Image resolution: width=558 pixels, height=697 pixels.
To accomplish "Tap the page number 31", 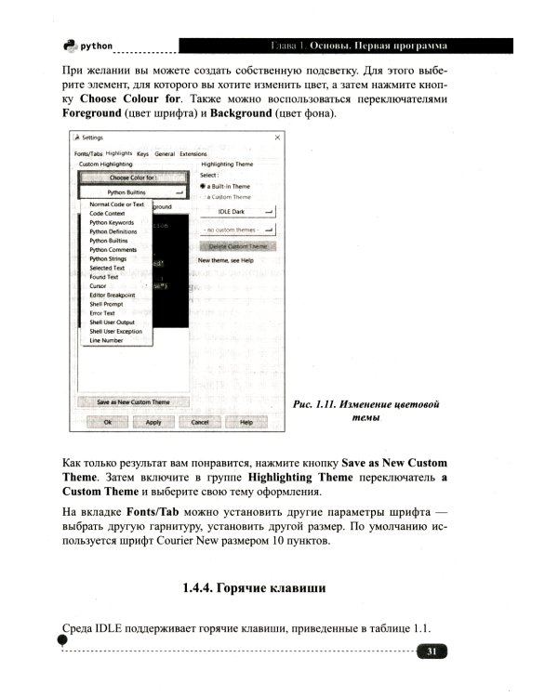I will pyautogui.click(x=432, y=651).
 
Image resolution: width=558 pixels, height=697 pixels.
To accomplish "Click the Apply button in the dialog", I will pyautogui.click(x=153, y=421).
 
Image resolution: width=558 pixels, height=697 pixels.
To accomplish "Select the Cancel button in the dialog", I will pyautogui.click(x=200, y=421).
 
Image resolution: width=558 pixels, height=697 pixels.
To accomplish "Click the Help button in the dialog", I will pyautogui.click(x=246, y=421).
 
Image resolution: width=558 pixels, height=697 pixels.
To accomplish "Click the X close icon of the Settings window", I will pyautogui.click(x=277, y=137).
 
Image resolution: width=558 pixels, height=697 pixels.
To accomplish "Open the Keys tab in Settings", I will pyautogui.click(x=142, y=153).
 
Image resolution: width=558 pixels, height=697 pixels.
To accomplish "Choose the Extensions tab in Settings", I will pyautogui.click(x=193, y=153).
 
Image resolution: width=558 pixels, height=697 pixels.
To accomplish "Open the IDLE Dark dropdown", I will pyautogui.click(x=238, y=211).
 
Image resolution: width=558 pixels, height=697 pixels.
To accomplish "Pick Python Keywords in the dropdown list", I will pyautogui.click(x=112, y=223).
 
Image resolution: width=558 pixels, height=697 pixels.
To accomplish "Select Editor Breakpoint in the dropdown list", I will pyautogui.click(x=112, y=295).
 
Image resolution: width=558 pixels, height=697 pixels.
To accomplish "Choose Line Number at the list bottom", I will pyautogui.click(x=106, y=340).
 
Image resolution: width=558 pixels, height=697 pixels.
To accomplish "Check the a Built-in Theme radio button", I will pyautogui.click(x=204, y=186).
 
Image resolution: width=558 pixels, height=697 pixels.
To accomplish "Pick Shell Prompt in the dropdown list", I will pyautogui.click(x=107, y=304).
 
